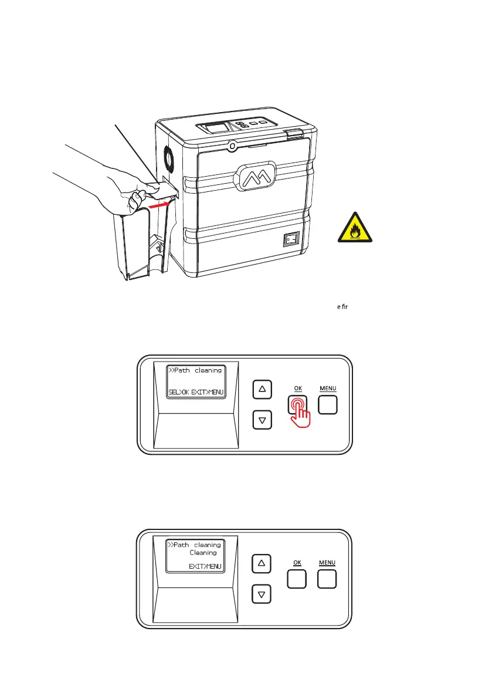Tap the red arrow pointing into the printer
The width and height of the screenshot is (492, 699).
click(x=161, y=205)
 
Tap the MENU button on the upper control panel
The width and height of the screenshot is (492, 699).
click(x=328, y=404)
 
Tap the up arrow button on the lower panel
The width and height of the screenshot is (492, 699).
click(x=262, y=563)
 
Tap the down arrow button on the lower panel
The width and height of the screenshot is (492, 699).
click(x=262, y=595)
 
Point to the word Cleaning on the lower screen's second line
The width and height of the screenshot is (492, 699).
click(x=203, y=553)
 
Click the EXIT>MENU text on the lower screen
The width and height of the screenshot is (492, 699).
click(x=205, y=566)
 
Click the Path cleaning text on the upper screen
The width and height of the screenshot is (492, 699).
click(x=195, y=370)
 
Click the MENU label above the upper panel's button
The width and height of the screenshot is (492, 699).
click(x=328, y=389)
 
